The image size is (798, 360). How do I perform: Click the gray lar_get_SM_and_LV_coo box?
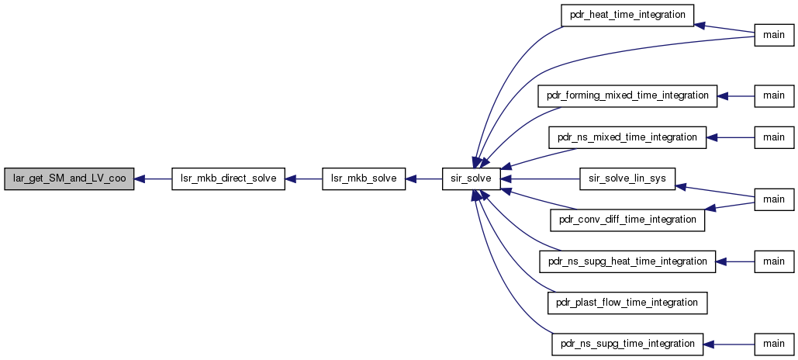click(69, 178)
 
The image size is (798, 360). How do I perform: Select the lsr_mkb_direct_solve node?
click(228, 178)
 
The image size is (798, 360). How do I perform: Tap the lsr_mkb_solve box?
click(364, 178)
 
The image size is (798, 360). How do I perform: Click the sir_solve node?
click(472, 178)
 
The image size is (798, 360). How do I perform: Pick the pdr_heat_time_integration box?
click(627, 15)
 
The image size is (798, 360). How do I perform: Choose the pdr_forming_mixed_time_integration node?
click(627, 95)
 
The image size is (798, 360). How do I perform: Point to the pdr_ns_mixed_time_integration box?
click(627, 137)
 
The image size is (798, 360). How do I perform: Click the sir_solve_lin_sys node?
click(627, 178)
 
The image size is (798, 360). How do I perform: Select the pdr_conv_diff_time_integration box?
click(627, 220)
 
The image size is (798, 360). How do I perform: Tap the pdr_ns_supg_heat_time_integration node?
click(627, 261)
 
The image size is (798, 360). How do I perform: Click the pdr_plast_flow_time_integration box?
click(627, 303)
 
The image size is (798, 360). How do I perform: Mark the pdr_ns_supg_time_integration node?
click(627, 344)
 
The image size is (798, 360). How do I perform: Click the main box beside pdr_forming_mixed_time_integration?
click(774, 95)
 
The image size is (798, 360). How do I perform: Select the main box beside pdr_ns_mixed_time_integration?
click(774, 137)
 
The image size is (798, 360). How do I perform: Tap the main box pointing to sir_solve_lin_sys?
click(774, 199)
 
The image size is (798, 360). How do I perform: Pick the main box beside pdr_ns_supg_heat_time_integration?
click(774, 261)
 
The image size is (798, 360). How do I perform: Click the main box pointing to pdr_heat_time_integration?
click(774, 35)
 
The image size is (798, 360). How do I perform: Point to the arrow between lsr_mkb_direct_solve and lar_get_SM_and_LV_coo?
click(153, 178)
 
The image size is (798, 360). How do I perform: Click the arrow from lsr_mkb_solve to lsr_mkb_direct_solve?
click(303, 178)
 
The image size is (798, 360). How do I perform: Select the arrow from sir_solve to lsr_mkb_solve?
click(423, 178)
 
